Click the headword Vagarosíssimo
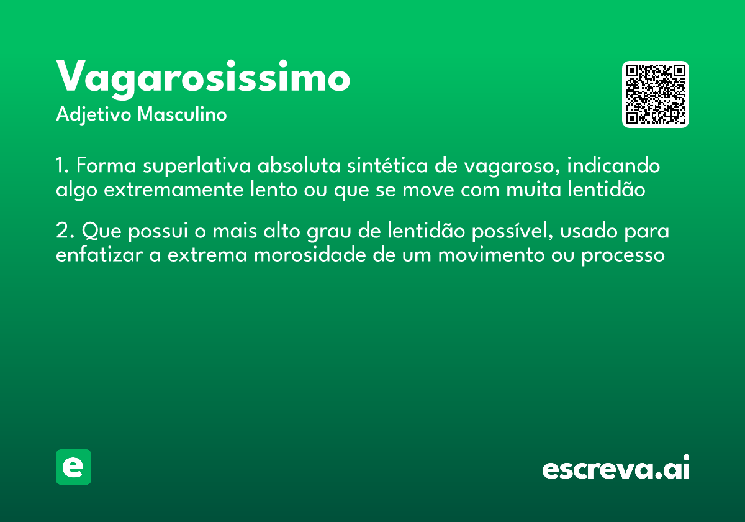[203, 79]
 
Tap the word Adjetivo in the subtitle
[94, 115]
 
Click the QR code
[656, 94]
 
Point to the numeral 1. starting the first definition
[62, 167]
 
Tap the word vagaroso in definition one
[510, 168]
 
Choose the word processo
[623, 256]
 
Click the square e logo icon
[73, 467]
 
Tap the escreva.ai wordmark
[616, 469]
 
